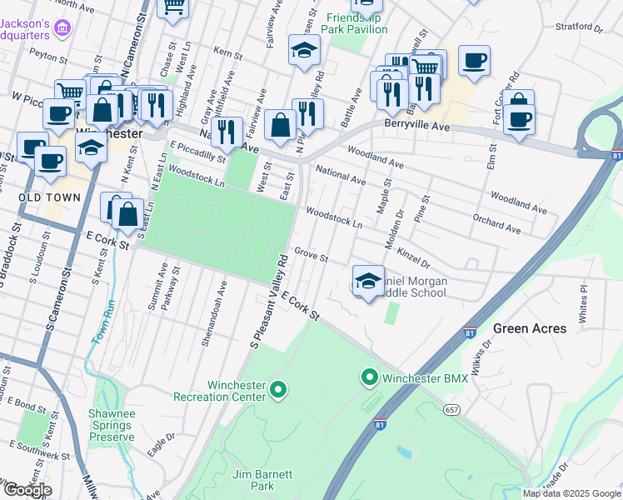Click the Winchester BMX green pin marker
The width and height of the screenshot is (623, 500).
click(370, 378)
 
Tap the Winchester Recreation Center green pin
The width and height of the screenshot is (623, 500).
click(279, 389)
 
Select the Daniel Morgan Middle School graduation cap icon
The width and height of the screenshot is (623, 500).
click(368, 281)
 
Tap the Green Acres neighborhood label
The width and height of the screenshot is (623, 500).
click(530, 328)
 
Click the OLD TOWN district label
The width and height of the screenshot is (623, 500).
click(51, 197)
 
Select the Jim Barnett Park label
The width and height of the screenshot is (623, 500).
click(262, 480)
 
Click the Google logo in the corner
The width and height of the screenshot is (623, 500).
click(27, 490)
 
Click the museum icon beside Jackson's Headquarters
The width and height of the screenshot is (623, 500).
click(61, 30)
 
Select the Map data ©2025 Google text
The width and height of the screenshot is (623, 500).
click(571, 493)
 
